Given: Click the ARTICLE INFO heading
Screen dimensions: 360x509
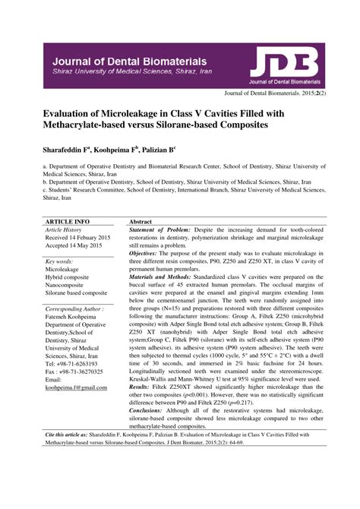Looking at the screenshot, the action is click(66, 221).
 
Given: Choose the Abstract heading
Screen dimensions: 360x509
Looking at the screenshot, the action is click(141, 221).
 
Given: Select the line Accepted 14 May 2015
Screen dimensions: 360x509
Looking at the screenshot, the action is click(75, 246).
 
